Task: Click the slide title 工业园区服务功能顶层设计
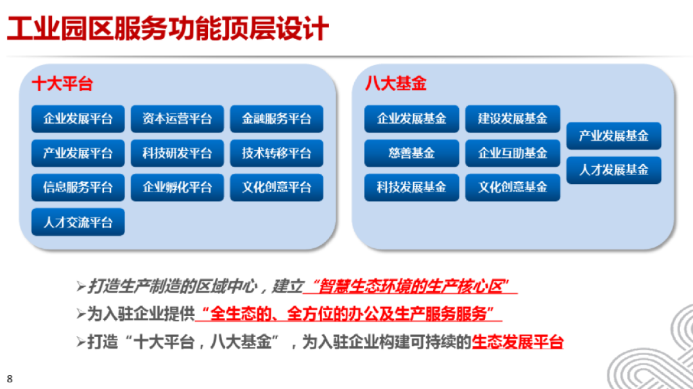(x=168, y=29)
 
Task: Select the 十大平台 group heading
(x=62, y=84)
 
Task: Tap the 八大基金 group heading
(x=396, y=84)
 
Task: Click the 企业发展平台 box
(x=78, y=119)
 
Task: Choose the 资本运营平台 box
(x=177, y=119)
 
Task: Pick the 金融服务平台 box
(x=277, y=119)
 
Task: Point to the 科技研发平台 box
(x=177, y=153)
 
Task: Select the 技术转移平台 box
(x=277, y=153)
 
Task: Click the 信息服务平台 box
(x=78, y=188)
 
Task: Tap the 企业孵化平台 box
(x=177, y=188)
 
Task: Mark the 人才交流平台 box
(x=78, y=222)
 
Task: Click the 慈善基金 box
(x=411, y=153)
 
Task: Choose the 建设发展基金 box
(x=512, y=119)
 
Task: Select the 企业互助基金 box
(x=512, y=153)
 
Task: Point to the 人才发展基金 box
(x=613, y=170)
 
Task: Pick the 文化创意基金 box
(x=512, y=188)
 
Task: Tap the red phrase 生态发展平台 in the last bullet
(x=517, y=342)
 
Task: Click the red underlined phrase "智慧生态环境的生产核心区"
(x=410, y=286)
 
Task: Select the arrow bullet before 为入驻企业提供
(x=81, y=314)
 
